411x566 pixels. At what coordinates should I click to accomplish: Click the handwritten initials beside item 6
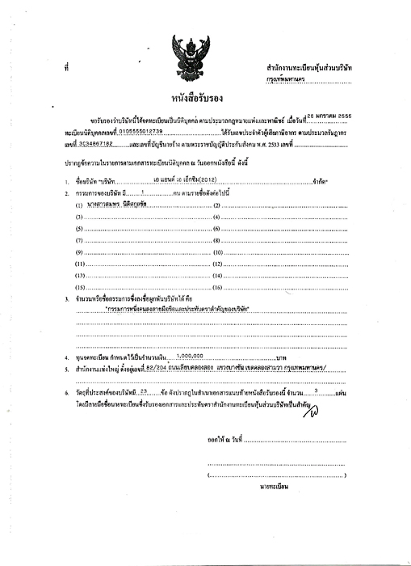tap(308, 411)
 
